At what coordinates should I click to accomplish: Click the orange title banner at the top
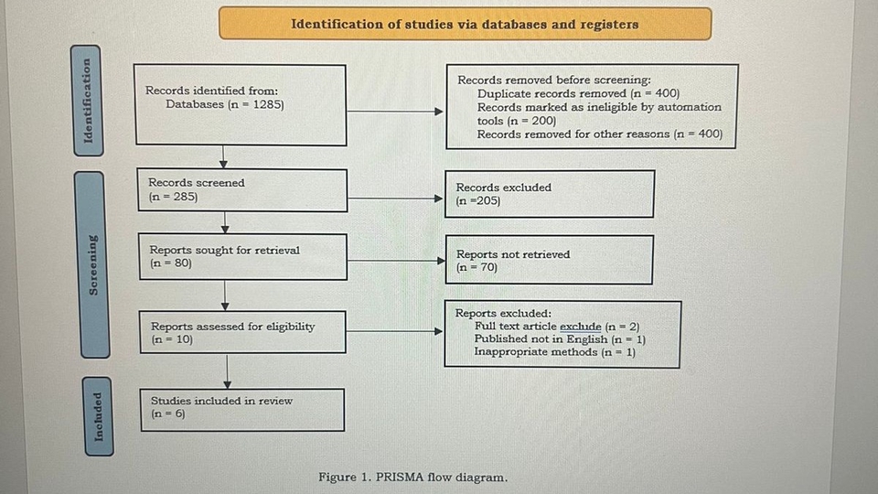465,24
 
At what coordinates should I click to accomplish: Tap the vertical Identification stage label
88,101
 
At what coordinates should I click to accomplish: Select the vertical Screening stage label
92,265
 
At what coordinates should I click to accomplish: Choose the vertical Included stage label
98,415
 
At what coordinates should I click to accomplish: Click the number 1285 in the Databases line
263,104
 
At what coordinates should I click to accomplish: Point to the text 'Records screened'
197,183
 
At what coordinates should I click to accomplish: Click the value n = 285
173,197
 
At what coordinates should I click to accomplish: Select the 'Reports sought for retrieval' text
225,250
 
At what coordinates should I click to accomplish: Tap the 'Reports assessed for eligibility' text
232,326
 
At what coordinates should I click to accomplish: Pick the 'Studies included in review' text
221,401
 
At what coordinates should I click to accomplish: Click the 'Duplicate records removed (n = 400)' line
578,93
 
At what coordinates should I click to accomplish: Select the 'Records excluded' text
504,188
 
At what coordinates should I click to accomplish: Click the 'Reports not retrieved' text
512,254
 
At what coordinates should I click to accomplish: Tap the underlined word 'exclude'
580,327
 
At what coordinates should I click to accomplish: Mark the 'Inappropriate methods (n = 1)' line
554,352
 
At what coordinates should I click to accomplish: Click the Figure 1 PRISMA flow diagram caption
412,478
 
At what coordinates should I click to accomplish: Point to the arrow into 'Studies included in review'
226,370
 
